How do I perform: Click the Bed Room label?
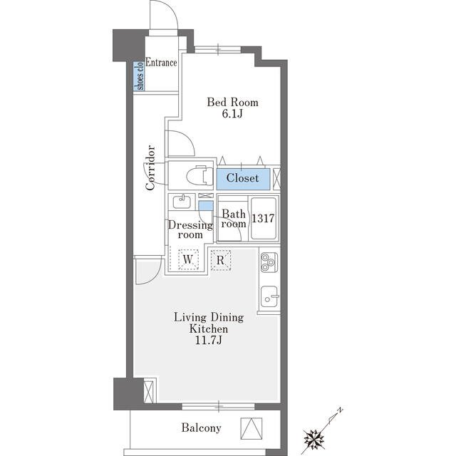click(232, 103)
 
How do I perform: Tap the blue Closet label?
click(242, 178)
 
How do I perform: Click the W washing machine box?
click(188, 259)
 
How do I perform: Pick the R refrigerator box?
click(220, 260)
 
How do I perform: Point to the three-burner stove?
click(269, 262)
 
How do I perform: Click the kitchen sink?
click(269, 296)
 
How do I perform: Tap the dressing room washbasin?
click(182, 202)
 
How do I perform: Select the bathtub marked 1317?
click(264, 218)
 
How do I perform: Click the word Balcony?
click(201, 427)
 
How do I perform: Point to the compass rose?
click(314, 437)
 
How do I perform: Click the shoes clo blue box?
click(139, 76)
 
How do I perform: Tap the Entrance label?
click(161, 63)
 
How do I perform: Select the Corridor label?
click(150, 167)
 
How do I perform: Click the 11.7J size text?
click(208, 340)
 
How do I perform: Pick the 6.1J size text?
click(232, 114)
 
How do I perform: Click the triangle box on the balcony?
click(252, 429)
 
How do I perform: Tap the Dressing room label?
click(190, 229)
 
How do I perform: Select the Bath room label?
click(234, 219)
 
